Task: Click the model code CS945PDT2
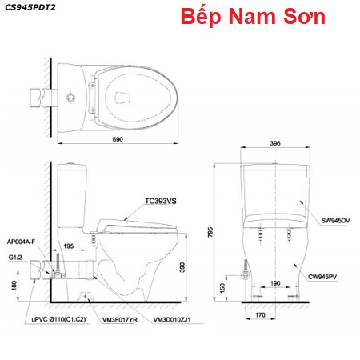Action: click(x=30, y=7)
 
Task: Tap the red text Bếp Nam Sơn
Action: click(x=253, y=16)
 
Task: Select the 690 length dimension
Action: click(x=118, y=139)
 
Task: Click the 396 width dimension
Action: click(x=275, y=143)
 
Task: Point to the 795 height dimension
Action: click(x=210, y=232)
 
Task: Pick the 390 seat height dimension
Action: click(x=182, y=267)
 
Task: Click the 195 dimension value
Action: click(x=68, y=246)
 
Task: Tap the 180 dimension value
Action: click(x=14, y=285)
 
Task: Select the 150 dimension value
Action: click(x=222, y=288)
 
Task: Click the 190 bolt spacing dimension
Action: click(x=275, y=283)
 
